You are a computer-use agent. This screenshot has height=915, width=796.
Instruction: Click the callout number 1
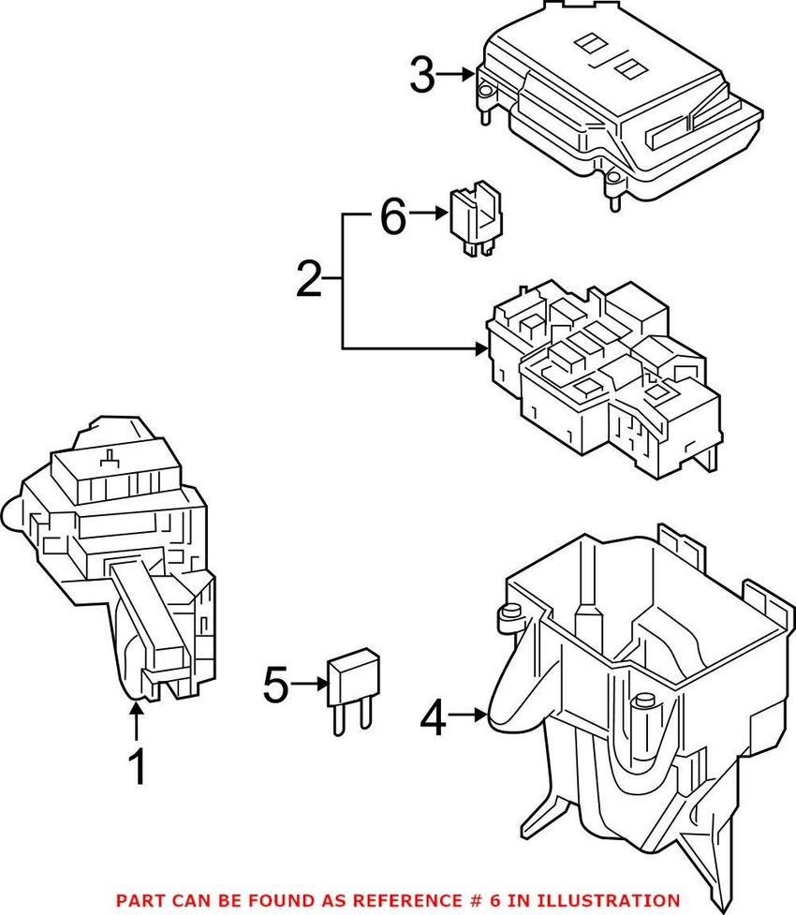point(137,768)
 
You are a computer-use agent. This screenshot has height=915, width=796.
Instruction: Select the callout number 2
point(308,280)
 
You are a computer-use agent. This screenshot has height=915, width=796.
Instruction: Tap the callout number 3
point(423,75)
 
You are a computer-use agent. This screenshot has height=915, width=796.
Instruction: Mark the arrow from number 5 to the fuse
point(308,685)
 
